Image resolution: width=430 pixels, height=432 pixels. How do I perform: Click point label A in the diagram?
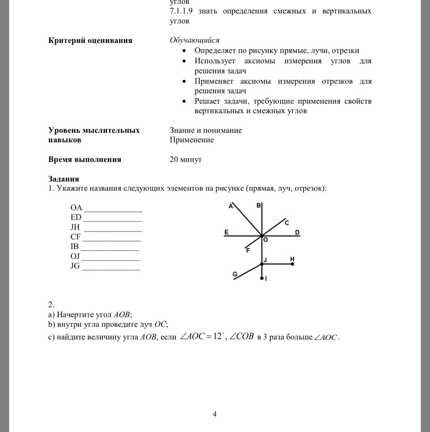coord(231,206)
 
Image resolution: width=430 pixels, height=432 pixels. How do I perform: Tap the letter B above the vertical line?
coord(258,205)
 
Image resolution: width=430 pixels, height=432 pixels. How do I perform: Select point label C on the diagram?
coord(287,223)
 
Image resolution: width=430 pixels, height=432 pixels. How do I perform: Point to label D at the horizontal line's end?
coord(297,232)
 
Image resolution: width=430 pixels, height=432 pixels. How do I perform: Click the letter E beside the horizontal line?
coord(226,232)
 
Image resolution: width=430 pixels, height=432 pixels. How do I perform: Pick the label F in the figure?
coord(248,251)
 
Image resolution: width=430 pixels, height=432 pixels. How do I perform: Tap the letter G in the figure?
coord(235,274)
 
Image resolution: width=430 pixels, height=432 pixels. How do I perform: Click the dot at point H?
coord(292,264)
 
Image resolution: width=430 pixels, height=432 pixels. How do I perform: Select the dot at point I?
coord(262,278)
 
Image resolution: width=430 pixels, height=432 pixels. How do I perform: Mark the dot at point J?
coord(262,264)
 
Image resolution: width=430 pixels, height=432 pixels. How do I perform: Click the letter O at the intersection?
coord(265,240)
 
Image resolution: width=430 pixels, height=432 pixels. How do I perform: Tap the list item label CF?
coord(75,237)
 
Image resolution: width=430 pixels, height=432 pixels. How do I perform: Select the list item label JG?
coord(75,266)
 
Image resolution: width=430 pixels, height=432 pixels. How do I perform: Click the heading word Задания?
coord(64,179)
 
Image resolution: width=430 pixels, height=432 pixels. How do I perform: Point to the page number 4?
coord(215,414)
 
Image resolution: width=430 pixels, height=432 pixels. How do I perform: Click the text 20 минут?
coord(185,159)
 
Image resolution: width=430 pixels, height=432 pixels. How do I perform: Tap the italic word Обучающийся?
coord(195,40)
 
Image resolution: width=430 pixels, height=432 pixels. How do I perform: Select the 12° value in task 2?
coord(218,336)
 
